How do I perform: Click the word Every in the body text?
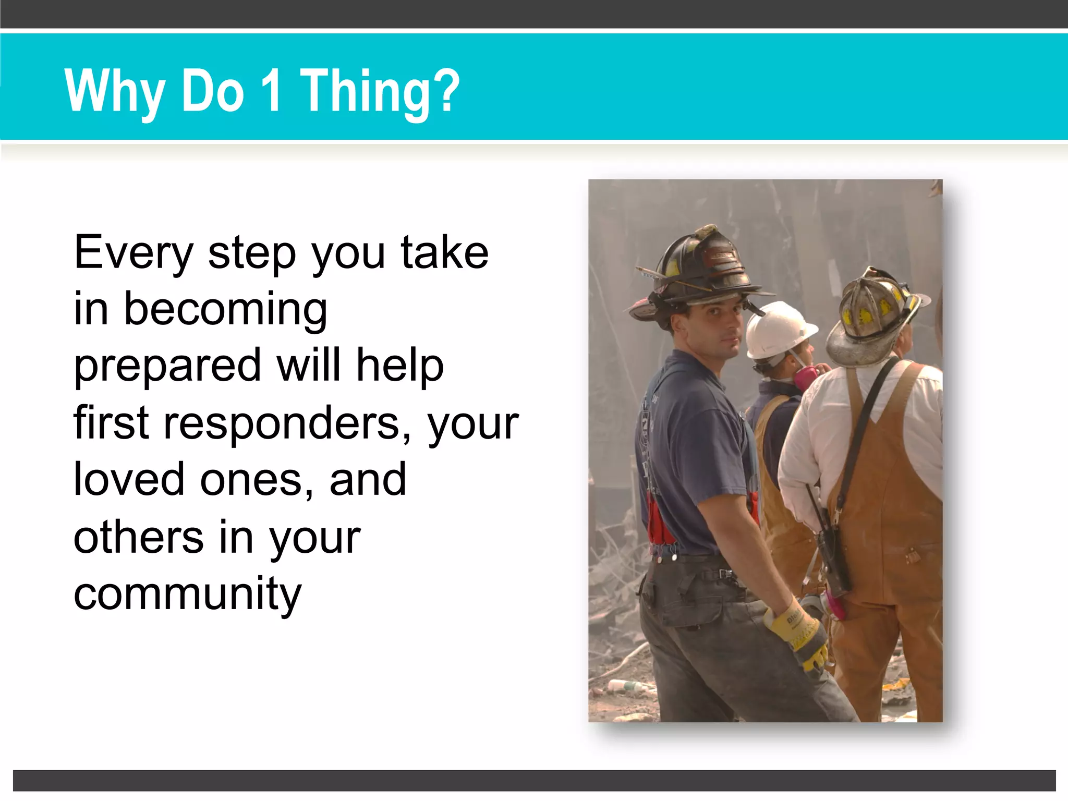133,253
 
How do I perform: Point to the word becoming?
226,310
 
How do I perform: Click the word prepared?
167,367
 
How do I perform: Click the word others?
138,537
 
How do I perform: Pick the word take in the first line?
444,252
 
